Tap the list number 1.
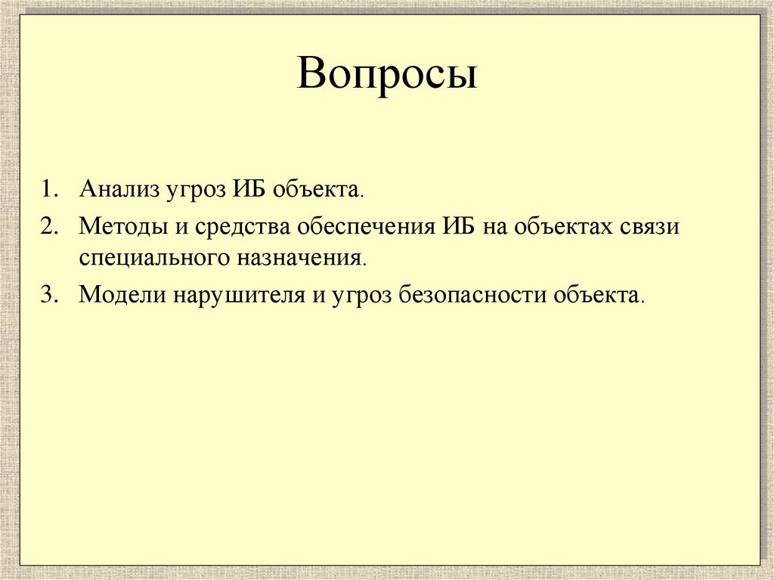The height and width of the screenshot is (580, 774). click(x=49, y=189)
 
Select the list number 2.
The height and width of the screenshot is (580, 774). click(x=49, y=226)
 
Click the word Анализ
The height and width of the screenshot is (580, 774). click(x=116, y=189)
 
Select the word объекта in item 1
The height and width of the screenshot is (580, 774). click(x=317, y=189)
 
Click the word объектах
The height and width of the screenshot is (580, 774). click(x=565, y=227)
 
